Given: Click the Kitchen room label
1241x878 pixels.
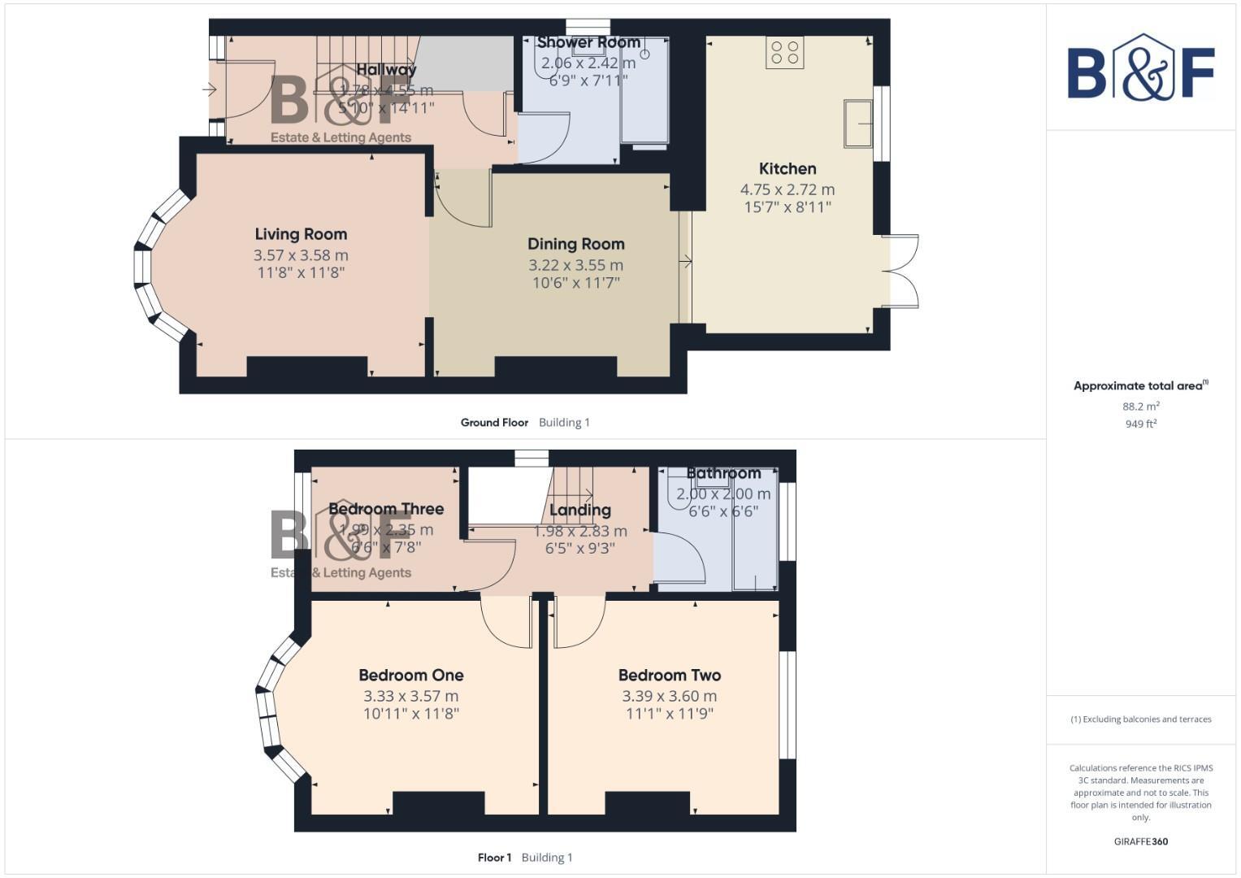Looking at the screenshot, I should point(787,169).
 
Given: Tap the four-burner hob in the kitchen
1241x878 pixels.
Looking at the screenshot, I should point(784,53).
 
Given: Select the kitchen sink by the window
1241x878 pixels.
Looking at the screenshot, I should point(857,124).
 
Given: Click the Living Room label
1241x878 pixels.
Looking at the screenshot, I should point(301,234).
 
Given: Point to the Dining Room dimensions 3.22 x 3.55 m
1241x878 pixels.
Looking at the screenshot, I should point(575,265).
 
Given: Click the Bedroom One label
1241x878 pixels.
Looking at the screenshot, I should point(410,675).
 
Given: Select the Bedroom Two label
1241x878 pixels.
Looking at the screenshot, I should point(669,675).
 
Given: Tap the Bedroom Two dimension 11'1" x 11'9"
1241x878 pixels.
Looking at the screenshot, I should point(669,714).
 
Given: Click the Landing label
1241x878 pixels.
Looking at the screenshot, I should point(579,511).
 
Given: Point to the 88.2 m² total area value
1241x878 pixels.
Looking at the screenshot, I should point(1140,406).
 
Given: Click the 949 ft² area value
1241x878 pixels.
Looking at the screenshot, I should point(1140,424).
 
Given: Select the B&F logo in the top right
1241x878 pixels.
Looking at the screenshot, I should point(1140,68).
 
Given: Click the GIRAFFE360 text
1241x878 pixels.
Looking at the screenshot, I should point(1140,841).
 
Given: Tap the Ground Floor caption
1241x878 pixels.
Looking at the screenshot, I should point(494,423).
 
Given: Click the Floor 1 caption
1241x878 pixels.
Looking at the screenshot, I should point(494,858).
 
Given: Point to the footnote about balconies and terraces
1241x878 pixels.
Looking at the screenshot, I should point(1140,719).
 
